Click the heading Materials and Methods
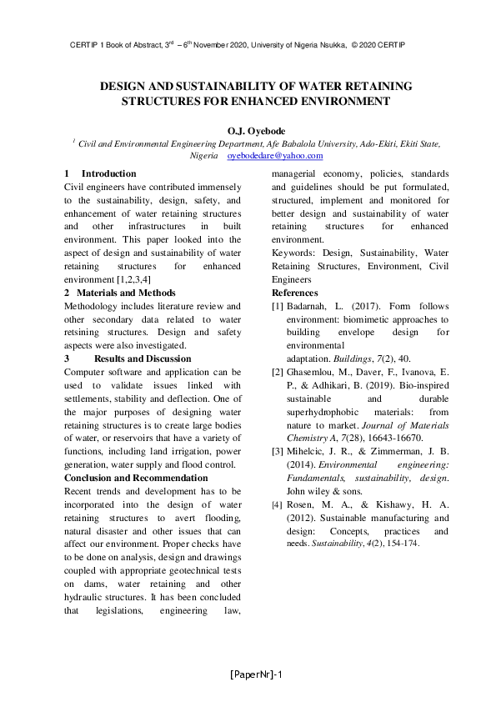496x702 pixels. pyautogui.click(x=126, y=293)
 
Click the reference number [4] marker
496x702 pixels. pyautogui.click(x=278, y=505)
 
